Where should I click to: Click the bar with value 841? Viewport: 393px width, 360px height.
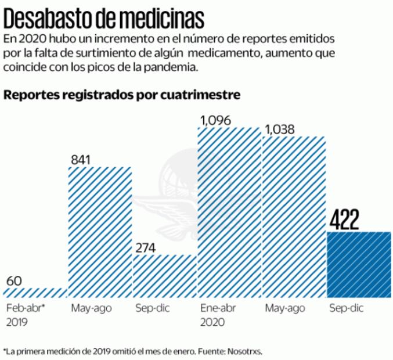point(100,232)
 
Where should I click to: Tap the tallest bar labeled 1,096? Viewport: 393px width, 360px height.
point(229,212)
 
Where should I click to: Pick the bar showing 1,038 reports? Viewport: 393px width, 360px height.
point(294,218)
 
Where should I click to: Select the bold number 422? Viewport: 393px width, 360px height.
point(345,221)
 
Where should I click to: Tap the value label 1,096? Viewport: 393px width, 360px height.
point(216,121)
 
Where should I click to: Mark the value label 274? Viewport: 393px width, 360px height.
point(146,247)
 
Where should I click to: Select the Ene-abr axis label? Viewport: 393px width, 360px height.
point(217,308)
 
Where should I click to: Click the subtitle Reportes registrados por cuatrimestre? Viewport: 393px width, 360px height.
point(122,95)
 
